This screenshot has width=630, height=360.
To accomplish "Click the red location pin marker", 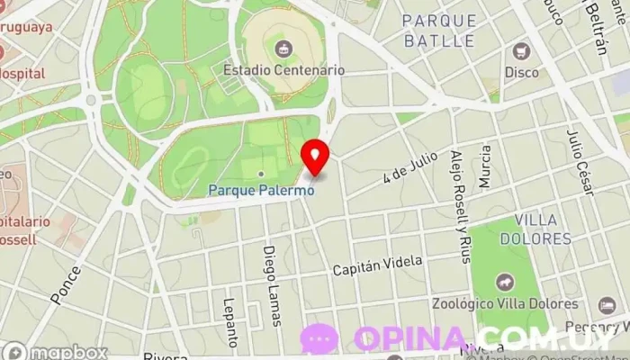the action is coord(315,157).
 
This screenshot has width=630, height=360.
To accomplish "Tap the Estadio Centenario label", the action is coord(283,69).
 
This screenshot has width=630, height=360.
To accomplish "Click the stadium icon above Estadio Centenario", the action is coord(283,47).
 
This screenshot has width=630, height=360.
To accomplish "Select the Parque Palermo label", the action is coord(262,190).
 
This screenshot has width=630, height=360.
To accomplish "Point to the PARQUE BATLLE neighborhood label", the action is coord(438,31).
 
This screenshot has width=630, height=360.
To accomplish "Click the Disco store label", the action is coord(521,72).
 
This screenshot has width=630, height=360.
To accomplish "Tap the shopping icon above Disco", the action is coord(520,50).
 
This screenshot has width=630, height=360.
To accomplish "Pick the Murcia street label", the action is coord(486,166).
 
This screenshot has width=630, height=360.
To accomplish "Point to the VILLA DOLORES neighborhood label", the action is coord(543,229).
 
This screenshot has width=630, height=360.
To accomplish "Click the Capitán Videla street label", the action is coord(377,265).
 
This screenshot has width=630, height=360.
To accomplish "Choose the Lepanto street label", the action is coord(231,322).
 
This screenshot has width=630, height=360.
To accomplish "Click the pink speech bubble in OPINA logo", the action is coord(319,338).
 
